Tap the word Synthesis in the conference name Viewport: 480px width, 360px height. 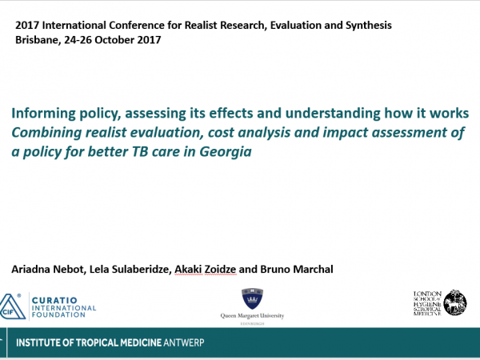tap(369, 26)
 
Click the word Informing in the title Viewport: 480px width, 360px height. tap(43, 114)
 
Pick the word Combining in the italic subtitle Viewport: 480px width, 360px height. tap(46, 133)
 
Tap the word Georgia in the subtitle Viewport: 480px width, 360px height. tap(226, 152)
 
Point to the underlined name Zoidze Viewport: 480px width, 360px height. tap(220, 270)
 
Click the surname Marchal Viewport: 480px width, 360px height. tap(313, 269)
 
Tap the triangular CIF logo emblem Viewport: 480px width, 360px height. tap(12, 306)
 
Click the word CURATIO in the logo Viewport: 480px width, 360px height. tap(54, 300)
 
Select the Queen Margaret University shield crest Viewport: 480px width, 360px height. tap(252, 298)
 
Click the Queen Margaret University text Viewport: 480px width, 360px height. tap(252, 316)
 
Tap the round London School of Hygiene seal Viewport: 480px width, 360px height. tap(455, 302)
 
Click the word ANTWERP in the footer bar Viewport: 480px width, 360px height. tap(184, 342)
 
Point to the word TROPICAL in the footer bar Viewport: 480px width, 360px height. tap(98, 342)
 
